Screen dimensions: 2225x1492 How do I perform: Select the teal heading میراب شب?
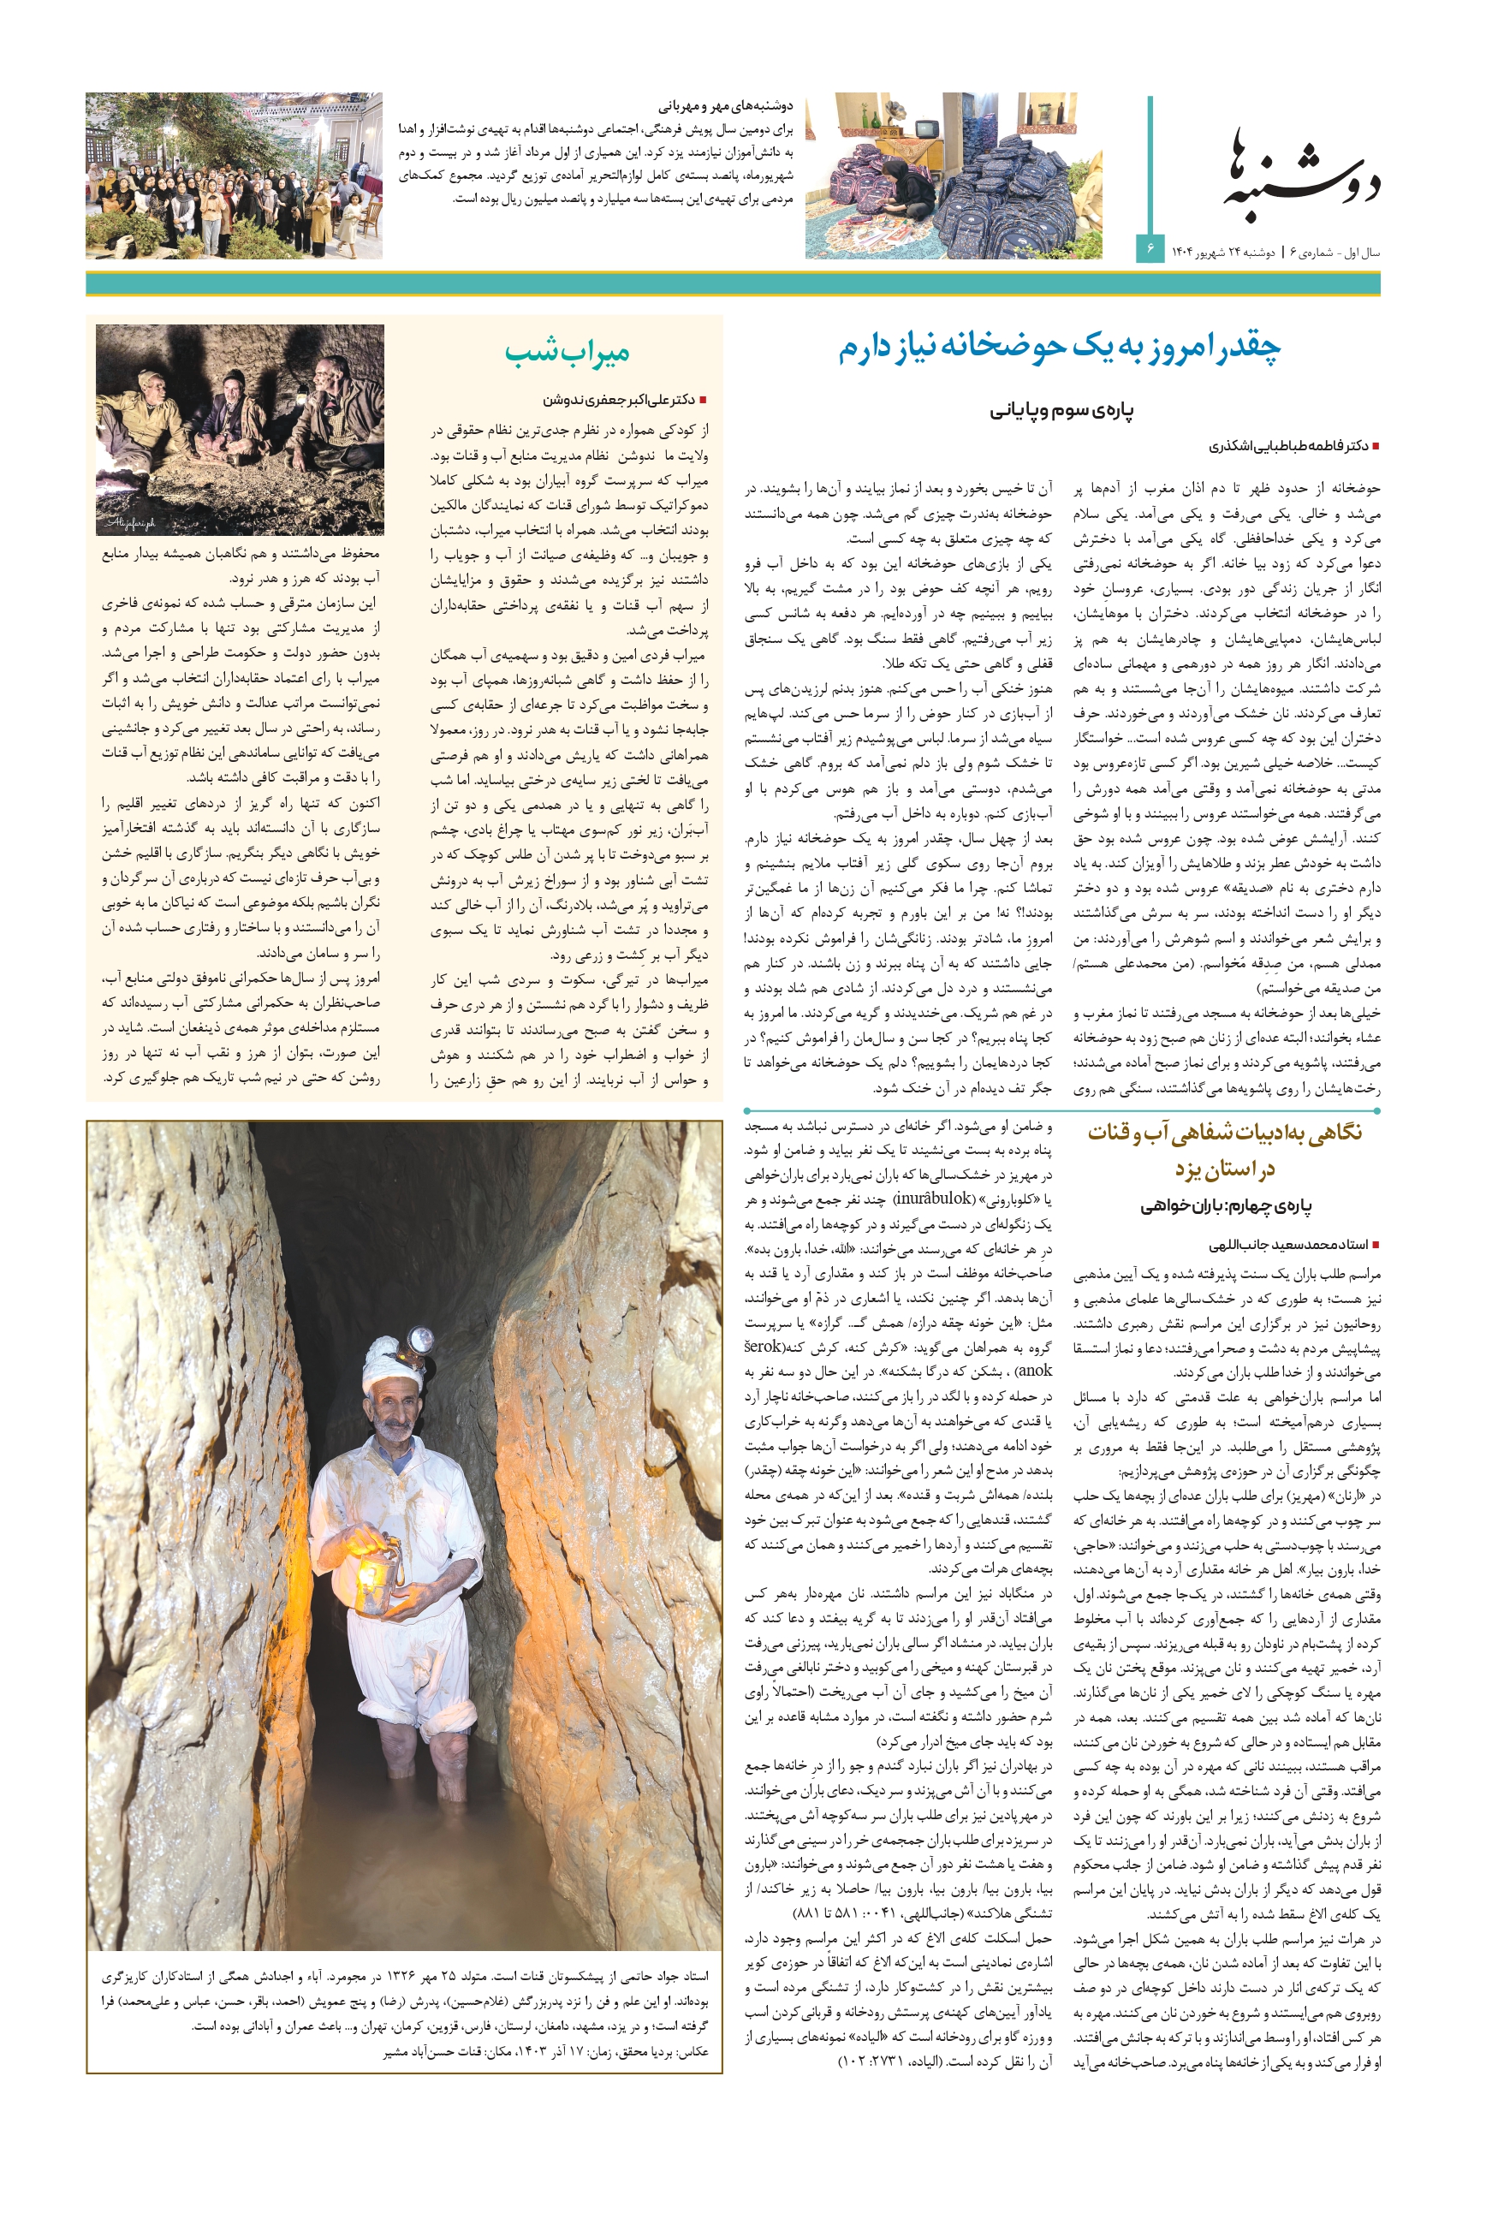point(568,353)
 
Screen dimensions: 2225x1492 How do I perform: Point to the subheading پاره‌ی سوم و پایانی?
point(1061,410)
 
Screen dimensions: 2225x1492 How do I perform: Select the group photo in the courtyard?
point(234,176)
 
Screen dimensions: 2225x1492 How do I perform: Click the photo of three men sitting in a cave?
point(240,429)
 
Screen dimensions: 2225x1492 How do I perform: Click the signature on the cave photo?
point(130,523)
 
